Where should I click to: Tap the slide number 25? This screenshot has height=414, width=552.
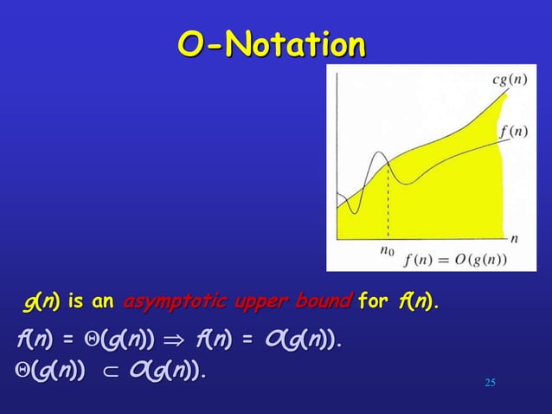[x=490, y=382]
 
